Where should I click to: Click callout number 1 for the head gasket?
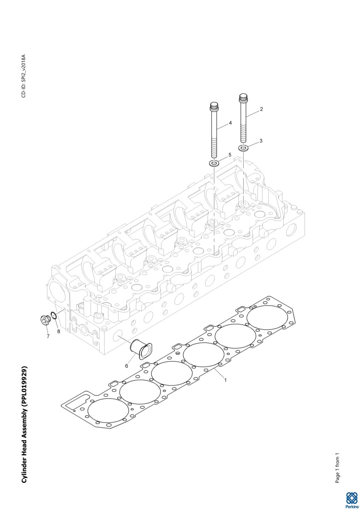click(x=225, y=380)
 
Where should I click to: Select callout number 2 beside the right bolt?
click(x=261, y=109)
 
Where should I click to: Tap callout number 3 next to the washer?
click(x=261, y=141)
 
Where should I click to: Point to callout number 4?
click(x=230, y=123)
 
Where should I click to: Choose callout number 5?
click(x=230, y=154)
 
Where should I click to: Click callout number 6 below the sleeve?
click(x=127, y=366)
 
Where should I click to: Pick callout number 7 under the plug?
click(x=48, y=336)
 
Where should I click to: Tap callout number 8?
click(x=59, y=331)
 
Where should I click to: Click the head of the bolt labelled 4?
click(x=214, y=105)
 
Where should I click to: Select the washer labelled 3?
click(x=244, y=148)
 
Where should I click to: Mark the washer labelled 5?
click(x=214, y=163)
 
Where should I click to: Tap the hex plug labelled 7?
click(x=44, y=319)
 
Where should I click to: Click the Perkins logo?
click(x=352, y=499)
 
